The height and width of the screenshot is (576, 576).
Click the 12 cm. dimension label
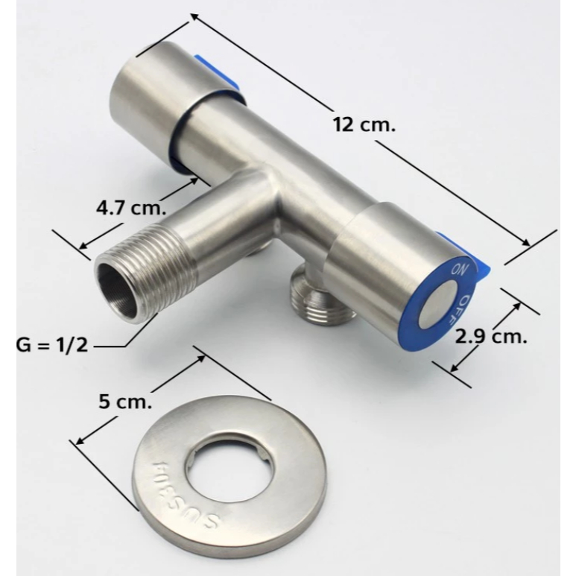coord(364,124)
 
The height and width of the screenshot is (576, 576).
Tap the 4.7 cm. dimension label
coord(131,209)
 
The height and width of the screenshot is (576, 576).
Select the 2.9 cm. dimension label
coord(491,336)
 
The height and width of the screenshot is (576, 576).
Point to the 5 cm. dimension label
coord(125,402)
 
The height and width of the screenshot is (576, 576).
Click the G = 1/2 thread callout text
coord(52,345)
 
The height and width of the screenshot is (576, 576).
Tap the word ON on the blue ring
coord(459,270)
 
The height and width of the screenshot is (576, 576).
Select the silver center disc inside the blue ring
coord(439,303)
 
